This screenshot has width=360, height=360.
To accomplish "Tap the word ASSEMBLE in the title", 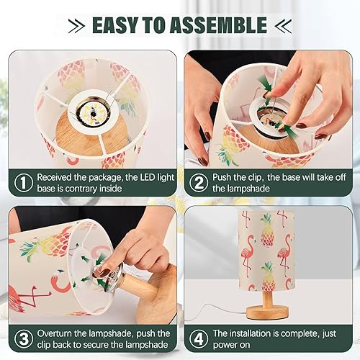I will click(x=221, y=26).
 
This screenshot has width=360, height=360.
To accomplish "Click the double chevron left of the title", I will click(x=75, y=26).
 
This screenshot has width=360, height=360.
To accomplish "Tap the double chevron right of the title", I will click(x=283, y=26).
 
